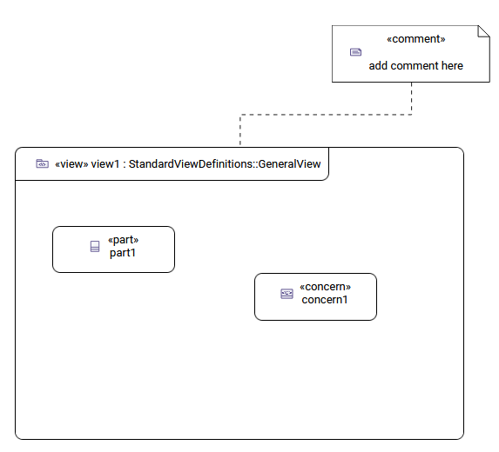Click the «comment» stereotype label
pyautogui.click(x=415, y=39)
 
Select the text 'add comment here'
pyautogui.click(x=415, y=65)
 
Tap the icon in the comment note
pyautogui.click(x=355, y=52)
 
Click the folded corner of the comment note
pyautogui.click(x=483, y=32)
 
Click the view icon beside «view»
pyautogui.click(x=42, y=163)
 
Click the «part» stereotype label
pyautogui.click(x=123, y=240)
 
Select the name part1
pyautogui.click(x=123, y=253)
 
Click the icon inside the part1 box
pyautogui.click(x=95, y=247)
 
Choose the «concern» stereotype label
pyautogui.click(x=325, y=287)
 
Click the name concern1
pyautogui.click(x=325, y=300)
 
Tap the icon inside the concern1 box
pyautogui.click(x=287, y=294)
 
